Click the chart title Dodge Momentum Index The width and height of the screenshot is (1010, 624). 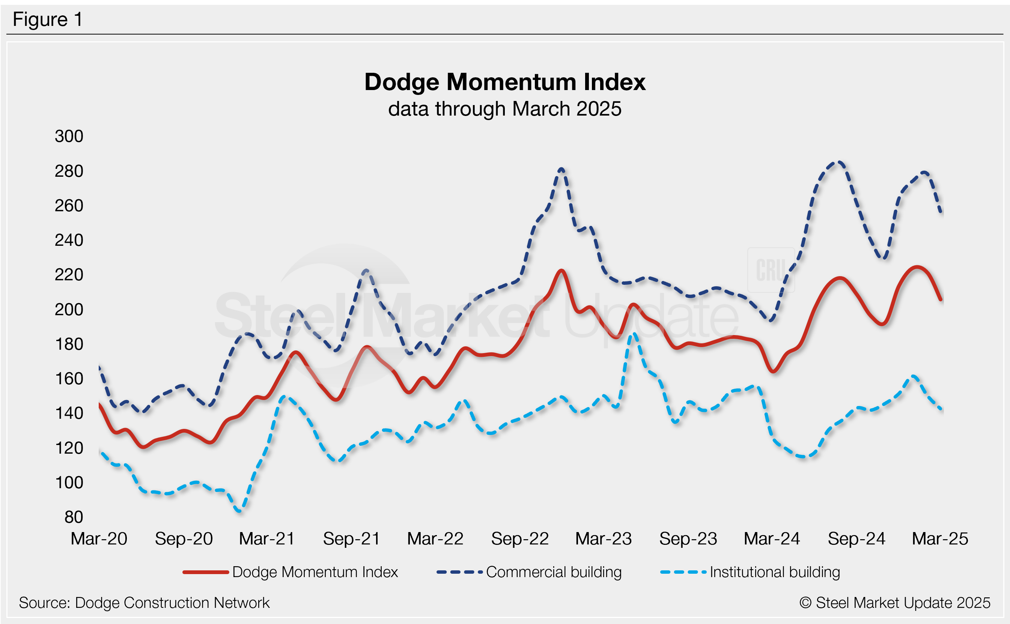[x=504, y=82]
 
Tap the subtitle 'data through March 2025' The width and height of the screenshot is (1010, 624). [x=504, y=109]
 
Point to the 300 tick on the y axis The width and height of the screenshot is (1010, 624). [x=69, y=136]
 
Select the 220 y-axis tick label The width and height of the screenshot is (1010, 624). [x=69, y=275]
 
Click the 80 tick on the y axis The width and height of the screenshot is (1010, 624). [x=74, y=517]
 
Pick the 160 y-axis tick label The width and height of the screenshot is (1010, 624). [x=69, y=379]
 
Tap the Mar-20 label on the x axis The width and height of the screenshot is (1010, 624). [x=99, y=538]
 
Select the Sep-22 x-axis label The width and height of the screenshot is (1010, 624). [x=520, y=538]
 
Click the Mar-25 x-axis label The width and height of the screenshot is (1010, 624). [x=940, y=538]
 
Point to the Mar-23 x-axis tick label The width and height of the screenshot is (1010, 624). [x=604, y=538]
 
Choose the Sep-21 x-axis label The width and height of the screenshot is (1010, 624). [x=351, y=538]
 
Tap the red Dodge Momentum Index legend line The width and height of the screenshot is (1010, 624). [x=206, y=572]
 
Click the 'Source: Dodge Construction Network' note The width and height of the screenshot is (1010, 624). [x=144, y=603]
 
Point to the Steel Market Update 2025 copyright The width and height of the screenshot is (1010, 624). [x=895, y=603]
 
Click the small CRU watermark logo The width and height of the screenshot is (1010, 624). [x=771, y=270]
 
